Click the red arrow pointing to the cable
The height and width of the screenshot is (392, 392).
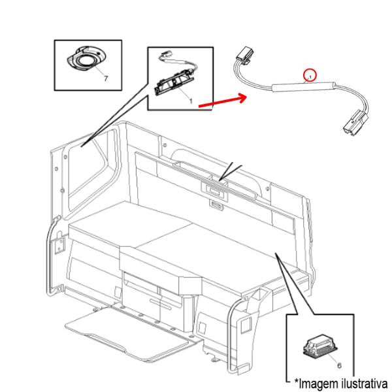[x=222, y=100]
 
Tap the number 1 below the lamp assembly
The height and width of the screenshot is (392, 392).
[x=191, y=101]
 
